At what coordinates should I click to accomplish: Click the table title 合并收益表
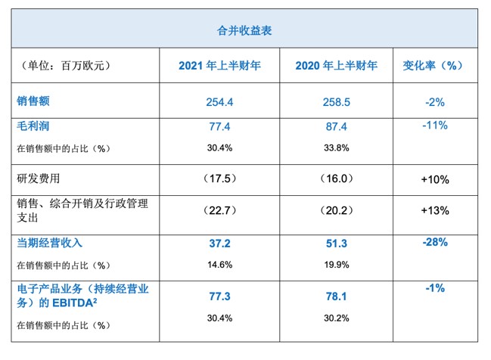tap(244, 31)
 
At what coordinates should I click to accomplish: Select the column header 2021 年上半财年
tap(219, 66)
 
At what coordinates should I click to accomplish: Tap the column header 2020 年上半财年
tap(337, 66)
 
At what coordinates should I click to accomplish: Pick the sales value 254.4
tap(219, 101)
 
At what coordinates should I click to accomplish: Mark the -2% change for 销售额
tap(434, 101)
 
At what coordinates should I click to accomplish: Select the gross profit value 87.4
tap(337, 126)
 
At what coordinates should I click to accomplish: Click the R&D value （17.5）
tap(219, 179)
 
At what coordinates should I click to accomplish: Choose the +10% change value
tap(434, 180)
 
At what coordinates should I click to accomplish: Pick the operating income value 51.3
tap(337, 244)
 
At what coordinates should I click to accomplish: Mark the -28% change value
tap(434, 243)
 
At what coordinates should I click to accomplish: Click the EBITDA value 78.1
tap(337, 297)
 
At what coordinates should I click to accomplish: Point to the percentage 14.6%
tap(219, 265)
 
